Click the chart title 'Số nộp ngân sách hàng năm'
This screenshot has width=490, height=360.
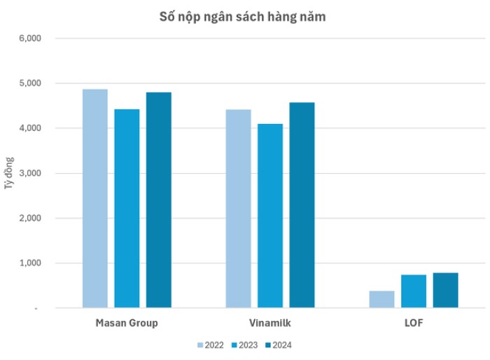pos(242,17)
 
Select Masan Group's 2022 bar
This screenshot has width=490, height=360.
pos(95,199)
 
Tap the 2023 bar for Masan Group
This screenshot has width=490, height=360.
pos(127,209)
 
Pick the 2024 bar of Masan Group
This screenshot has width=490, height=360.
pos(159,200)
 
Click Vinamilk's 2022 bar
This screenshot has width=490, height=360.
pos(239,209)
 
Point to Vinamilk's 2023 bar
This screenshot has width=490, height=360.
pos(270,216)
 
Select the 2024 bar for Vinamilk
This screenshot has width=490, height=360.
pos(302,205)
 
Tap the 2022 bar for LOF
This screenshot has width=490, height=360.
pos(382,299)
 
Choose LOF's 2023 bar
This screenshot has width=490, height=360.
pos(414,291)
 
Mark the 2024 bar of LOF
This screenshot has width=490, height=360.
pos(446,290)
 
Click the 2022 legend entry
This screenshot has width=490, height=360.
pos(211,345)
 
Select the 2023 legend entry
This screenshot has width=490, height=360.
pos(244,345)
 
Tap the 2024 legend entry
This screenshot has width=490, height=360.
pos(278,345)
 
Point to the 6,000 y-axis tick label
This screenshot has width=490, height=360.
pos(30,38)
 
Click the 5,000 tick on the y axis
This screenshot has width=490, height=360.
pos(30,83)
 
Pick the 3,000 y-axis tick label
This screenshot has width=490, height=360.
pos(30,173)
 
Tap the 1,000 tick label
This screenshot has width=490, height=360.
pos(30,263)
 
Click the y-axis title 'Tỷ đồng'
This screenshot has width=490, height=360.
pos(9,173)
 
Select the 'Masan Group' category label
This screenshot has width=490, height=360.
pos(127,323)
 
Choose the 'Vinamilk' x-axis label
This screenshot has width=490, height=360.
pos(270,323)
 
